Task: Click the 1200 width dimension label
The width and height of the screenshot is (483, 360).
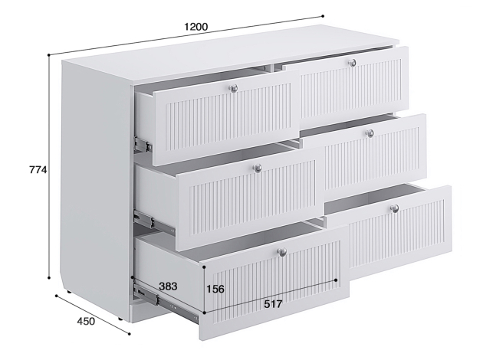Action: (196, 27)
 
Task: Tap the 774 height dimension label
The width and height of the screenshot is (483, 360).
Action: (38, 169)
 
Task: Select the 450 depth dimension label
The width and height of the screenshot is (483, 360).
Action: (86, 321)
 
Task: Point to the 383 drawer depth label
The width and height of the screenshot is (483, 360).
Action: (168, 286)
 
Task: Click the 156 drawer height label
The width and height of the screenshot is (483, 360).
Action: (215, 290)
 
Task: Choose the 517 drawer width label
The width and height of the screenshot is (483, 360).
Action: (273, 304)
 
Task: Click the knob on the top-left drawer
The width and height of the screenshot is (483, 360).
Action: (234, 89)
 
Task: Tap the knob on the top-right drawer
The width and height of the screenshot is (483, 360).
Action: (353, 63)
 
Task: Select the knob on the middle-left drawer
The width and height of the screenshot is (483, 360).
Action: (258, 168)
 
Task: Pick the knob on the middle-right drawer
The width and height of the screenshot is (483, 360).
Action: (370, 133)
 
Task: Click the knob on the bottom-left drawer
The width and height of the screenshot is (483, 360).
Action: (282, 252)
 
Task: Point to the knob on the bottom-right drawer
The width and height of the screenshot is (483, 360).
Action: (395, 208)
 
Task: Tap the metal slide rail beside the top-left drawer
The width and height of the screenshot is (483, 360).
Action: (143, 144)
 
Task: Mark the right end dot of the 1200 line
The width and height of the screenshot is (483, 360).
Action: (323, 16)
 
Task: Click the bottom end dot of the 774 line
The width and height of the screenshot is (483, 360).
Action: (49, 278)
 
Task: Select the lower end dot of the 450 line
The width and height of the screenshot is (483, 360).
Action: (129, 334)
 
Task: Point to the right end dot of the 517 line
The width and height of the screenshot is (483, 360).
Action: (336, 280)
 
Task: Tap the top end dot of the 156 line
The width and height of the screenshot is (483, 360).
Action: (204, 267)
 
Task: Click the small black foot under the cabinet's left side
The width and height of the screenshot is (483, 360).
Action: (67, 291)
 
